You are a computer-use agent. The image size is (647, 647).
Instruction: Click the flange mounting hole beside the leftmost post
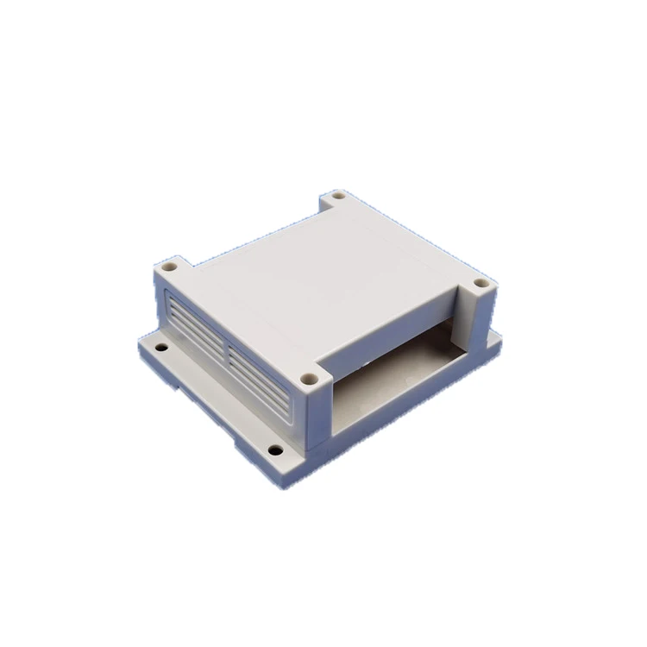click(x=161, y=348)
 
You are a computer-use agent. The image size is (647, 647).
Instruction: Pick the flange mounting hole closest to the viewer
click(x=274, y=449)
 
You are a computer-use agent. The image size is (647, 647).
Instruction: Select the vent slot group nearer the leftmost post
click(x=196, y=326)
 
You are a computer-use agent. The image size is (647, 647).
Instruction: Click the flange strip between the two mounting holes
click(x=216, y=397)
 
